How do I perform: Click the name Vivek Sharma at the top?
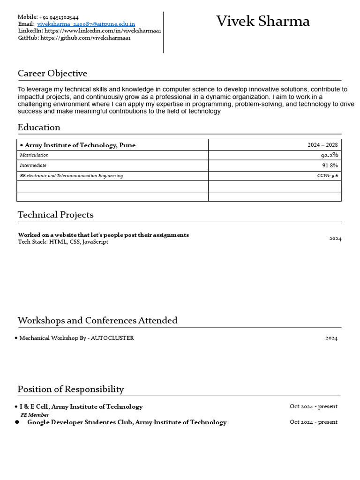(262, 22)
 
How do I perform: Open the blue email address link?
(86, 24)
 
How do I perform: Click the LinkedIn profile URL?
(103, 31)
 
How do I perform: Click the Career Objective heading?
(52, 74)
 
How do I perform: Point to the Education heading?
(39, 127)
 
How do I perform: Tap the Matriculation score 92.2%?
(329, 155)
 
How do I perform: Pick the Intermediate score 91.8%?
(330, 165)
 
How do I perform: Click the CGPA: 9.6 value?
(327, 176)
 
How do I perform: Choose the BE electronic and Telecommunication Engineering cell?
(71, 176)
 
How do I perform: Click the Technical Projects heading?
(55, 215)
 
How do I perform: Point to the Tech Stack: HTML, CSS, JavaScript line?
(63, 242)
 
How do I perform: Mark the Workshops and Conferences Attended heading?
(97, 321)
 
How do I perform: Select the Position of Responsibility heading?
(71, 389)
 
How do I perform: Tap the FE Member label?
(35, 415)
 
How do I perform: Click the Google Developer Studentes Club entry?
(127, 422)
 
